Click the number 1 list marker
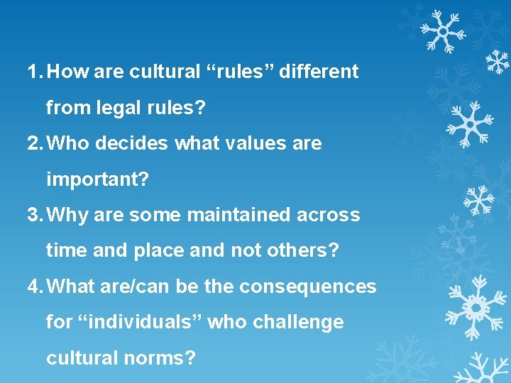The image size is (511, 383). click(x=33, y=72)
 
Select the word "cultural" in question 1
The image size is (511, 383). click(x=158, y=72)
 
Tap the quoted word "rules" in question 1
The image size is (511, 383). click(x=235, y=72)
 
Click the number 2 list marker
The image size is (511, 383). click(x=33, y=144)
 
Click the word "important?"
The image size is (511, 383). click(x=97, y=180)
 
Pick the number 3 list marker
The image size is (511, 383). click(x=33, y=215)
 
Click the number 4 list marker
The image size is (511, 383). click(x=33, y=287)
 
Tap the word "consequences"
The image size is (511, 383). click(x=308, y=287)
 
